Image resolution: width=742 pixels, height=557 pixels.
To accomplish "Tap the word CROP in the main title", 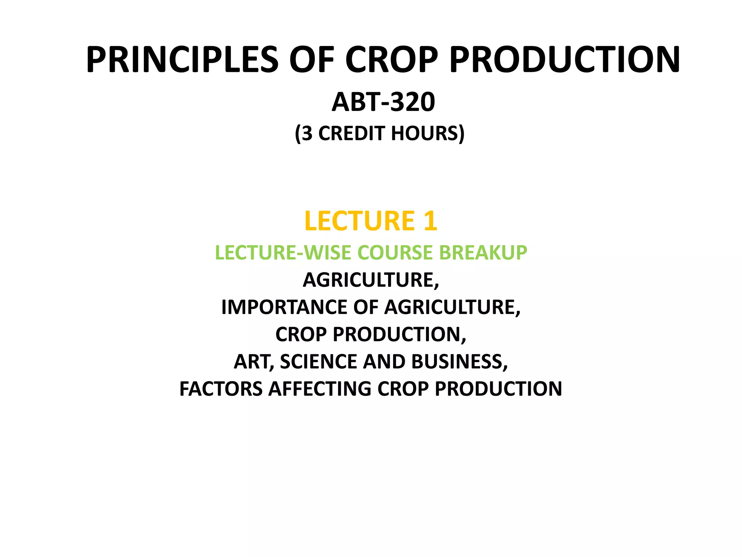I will pos(391,60).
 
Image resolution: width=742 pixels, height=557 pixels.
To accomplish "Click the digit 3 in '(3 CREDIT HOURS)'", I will pos(307,133).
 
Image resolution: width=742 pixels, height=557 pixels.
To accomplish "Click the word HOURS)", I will pos(428,133).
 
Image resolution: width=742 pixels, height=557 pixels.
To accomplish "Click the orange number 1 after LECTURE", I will pos(430,221).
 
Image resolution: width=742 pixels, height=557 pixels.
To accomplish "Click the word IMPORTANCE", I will pos(284,307).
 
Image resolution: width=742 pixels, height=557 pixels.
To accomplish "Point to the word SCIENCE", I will pos(318,362).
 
